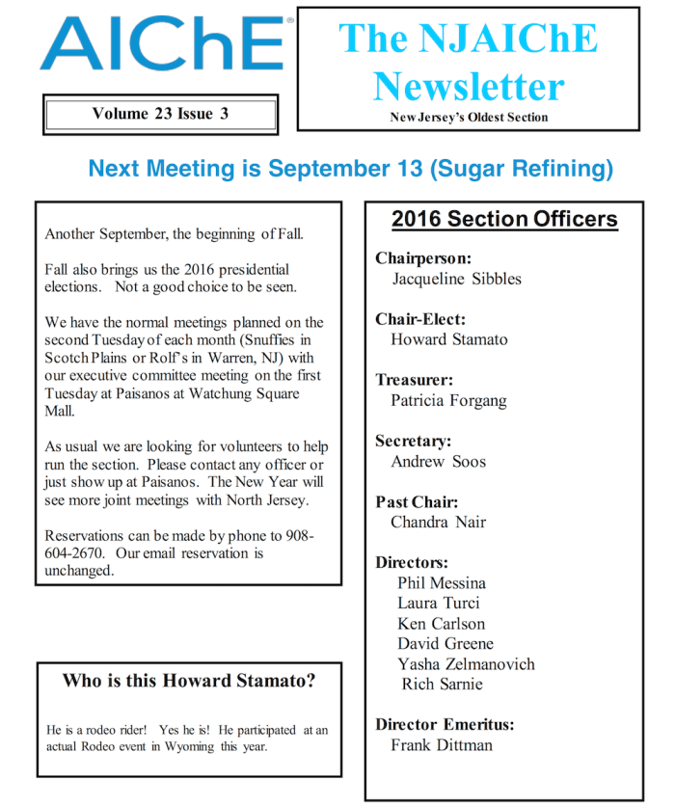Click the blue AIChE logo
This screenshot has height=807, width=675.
click(162, 44)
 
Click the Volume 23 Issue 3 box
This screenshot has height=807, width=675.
click(160, 114)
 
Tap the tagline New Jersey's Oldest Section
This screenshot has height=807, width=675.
click(469, 118)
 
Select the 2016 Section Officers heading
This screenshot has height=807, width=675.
click(504, 219)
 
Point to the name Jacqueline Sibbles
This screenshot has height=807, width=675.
click(456, 279)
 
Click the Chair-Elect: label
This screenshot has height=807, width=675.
click(420, 319)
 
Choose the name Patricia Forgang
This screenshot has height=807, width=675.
click(448, 400)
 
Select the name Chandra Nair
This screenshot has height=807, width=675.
click(438, 522)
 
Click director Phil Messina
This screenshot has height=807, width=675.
click(442, 582)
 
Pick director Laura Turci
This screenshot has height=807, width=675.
click(439, 603)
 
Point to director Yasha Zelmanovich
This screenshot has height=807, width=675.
click(466, 663)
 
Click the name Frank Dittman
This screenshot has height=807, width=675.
click(442, 744)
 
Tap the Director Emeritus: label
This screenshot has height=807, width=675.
click(445, 724)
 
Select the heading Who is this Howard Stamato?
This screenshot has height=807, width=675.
click(189, 681)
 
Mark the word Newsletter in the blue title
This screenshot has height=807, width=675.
click(468, 86)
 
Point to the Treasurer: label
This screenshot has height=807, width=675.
click(414, 380)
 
